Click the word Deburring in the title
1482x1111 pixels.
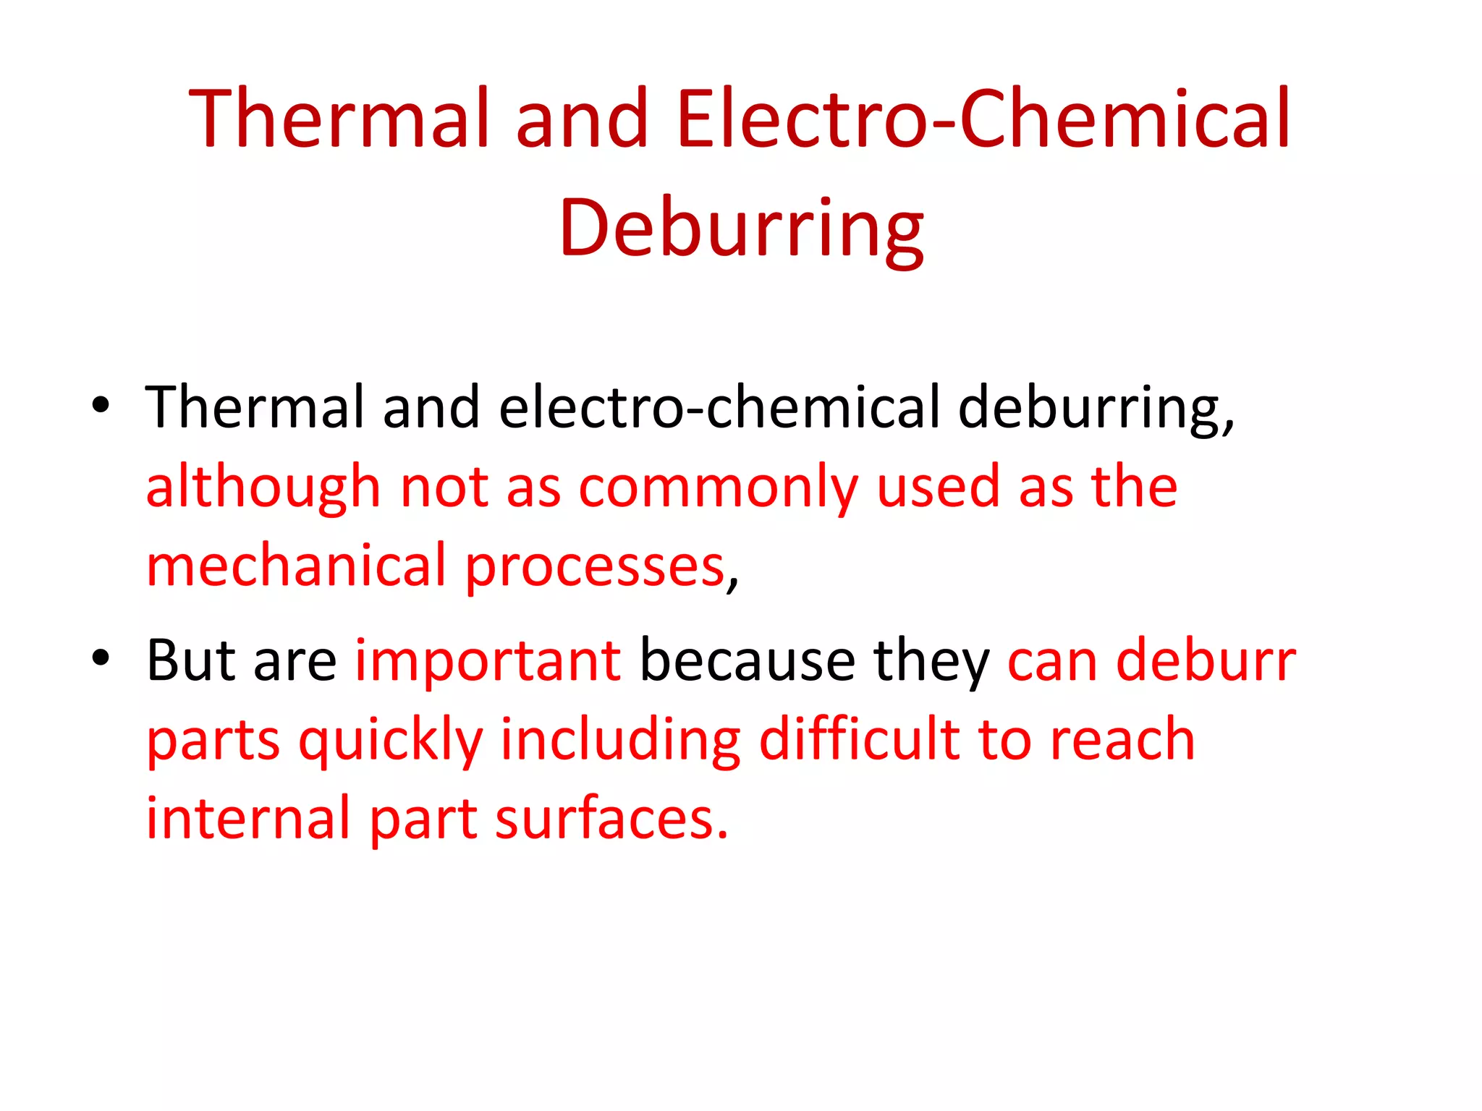point(741,229)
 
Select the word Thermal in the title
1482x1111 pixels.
point(338,119)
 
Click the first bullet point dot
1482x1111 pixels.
point(101,405)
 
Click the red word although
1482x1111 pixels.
point(263,488)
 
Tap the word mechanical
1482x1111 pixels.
point(297,566)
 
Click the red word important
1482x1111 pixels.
point(488,661)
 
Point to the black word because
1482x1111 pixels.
point(748,661)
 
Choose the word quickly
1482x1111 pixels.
point(391,741)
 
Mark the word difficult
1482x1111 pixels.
point(859,739)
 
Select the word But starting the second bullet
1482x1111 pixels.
point(191,661)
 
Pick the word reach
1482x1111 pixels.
point(1122,741)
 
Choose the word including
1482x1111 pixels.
point(621,741)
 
